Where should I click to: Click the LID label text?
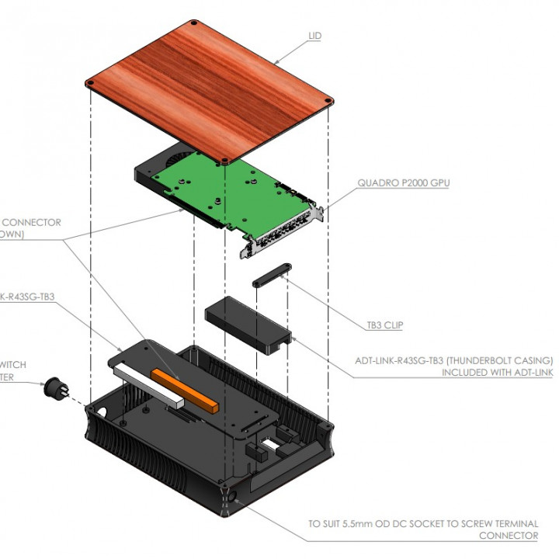point(314,36)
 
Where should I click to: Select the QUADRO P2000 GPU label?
point(403,184)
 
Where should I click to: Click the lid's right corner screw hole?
point(331,99)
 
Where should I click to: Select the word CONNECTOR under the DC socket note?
point(508,536)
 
